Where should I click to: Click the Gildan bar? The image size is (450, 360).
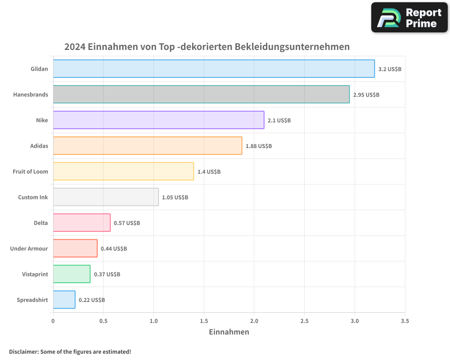pyautogui.click(x=214, y=69)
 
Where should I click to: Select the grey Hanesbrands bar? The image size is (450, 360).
pyautogui.click(x=201, y=94)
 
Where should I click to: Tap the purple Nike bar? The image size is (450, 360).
pyautogui.click(x=158, y=120)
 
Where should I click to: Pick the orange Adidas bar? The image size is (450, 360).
pyautogui.click(x=148, y=146)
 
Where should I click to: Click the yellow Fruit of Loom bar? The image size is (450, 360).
pyautogui.click(x=123, y=171)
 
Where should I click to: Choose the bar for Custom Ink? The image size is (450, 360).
pyautogui.click(x=106, y=197)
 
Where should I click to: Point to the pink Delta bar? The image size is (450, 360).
pyautogui.click(x=81, y=223)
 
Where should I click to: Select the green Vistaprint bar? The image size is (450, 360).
pyautogui.click(x=72, y=274)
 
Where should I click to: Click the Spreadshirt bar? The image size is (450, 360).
pyautogui.click(x=64, y=300)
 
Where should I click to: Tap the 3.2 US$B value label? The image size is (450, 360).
pyautogui.click(x=390, y=69)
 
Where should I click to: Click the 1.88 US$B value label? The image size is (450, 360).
pyautogui.click(x=259, y=146)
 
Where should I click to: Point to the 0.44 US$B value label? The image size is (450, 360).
pyautogui.click(x=114, y=249)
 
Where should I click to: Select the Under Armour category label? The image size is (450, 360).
pyautogui.click(x=29, y=248)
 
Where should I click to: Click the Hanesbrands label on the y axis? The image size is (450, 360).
pyautogui.click(x=31, y=94)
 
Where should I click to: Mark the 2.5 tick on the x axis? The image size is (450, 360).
pyautogui.click(x=304, y=321)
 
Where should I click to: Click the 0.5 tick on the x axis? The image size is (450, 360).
pyautogui.click(x=103, y=321)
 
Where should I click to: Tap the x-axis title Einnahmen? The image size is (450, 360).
pyautogui.click(x=229, y=332)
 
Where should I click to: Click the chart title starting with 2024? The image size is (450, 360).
pyautogui.click(x=207, y=47)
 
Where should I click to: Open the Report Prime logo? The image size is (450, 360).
pyautogui.click(x=409, y=18)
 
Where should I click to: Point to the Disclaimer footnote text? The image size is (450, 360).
pyautogui.click(x=70, y=351)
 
